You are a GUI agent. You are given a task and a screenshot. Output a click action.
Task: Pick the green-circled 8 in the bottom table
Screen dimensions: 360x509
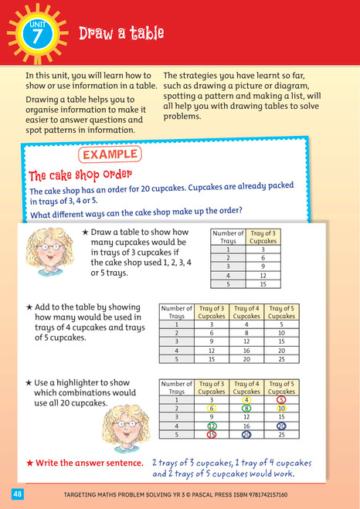point(246,409)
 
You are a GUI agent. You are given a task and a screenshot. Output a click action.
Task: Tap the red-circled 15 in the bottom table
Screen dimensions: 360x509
point(211,435)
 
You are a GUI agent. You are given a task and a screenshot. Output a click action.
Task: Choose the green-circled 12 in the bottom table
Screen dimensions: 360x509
point(211,426)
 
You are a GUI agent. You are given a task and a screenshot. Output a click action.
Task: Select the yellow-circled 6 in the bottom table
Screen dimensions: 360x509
point(211,409)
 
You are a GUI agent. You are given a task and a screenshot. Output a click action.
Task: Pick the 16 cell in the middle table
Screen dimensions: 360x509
point(246,351)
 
